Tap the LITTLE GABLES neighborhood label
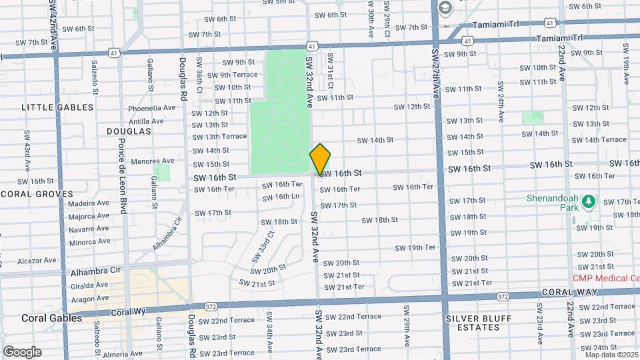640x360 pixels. point(57,107)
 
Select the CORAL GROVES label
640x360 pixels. point(36,194)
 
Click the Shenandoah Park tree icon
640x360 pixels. point(588,201)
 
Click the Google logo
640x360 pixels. point(22,351)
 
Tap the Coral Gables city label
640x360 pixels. point(51,318)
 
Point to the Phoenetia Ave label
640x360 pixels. point(151,108)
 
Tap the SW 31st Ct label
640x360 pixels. point(330,75)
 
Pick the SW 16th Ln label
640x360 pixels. point(280,197)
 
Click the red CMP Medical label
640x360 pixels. point(606,278)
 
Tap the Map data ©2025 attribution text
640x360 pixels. point(611,354)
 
